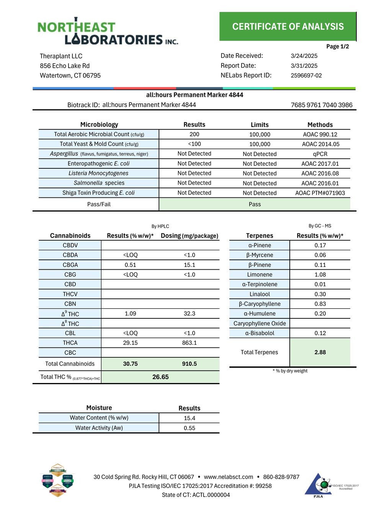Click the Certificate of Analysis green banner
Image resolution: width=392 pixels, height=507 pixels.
288,26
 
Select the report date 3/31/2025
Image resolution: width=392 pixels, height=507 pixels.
304,66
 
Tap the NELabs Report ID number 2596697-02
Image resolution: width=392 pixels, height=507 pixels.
306,75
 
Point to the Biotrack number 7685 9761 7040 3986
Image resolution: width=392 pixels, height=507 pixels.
322,105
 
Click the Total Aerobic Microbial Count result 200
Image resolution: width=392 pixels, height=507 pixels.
194,134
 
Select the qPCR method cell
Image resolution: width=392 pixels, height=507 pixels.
320,154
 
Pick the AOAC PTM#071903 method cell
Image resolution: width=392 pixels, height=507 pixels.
320,193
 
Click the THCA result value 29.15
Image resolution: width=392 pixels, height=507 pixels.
130,343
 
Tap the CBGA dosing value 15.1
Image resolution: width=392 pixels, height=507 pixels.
189,265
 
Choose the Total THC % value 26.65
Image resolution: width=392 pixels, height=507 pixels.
160,377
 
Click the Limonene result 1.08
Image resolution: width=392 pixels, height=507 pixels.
320,274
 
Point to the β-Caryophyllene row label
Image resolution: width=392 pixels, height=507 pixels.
260,304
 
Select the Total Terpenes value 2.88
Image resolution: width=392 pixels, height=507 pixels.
320,352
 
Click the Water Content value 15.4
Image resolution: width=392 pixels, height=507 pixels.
189,418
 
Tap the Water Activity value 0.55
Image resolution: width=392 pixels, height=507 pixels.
189,428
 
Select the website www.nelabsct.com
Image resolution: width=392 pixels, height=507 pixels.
229,477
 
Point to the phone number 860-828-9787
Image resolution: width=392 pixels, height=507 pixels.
281,477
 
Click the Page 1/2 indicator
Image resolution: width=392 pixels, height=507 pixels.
337,46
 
